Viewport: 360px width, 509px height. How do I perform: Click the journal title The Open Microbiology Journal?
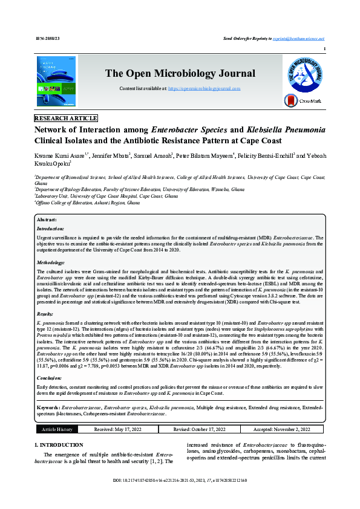180,74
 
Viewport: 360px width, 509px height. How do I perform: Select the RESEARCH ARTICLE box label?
66,118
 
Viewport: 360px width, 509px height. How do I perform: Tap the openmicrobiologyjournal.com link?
204,88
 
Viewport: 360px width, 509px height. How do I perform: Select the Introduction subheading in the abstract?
50,229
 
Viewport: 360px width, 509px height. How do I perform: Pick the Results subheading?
45,314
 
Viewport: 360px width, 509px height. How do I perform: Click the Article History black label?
56,429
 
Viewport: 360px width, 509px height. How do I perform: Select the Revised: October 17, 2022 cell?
199,429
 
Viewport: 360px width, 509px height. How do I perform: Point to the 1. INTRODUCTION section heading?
59,445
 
